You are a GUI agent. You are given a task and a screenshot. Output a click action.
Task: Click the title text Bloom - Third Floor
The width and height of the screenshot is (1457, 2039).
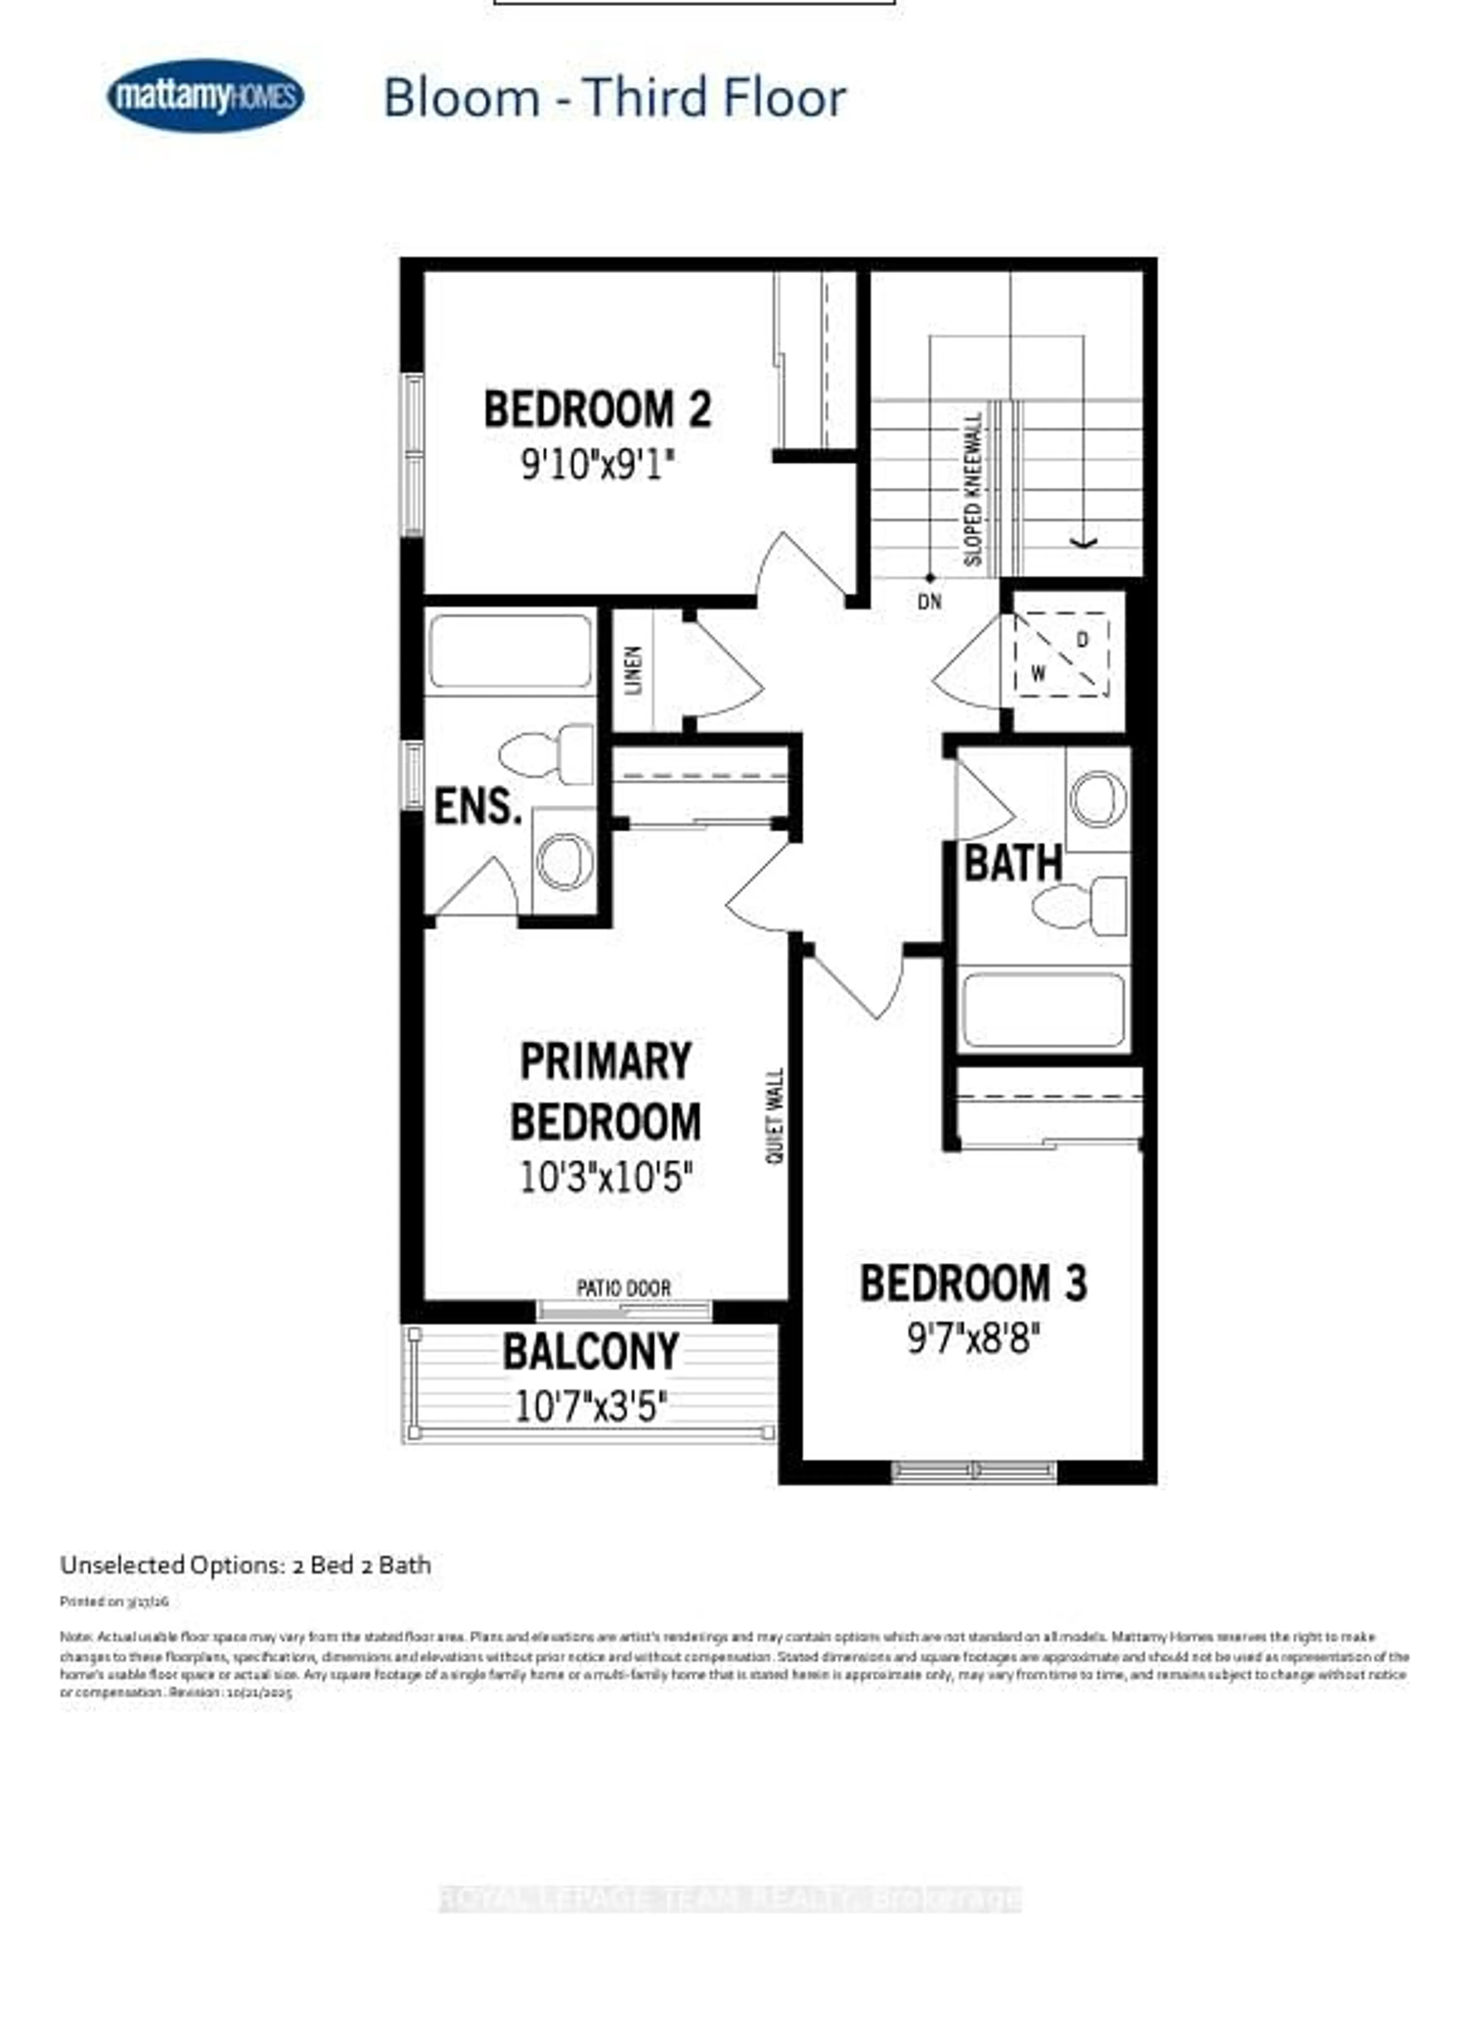[615, 98]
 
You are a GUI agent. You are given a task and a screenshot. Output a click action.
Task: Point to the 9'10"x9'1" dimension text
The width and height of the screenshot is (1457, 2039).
[598, 465]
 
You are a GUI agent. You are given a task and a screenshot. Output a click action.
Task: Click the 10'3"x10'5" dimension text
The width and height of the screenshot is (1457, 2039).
[606, 1177]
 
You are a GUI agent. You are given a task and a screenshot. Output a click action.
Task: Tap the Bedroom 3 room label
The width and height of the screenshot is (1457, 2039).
[974, 1283]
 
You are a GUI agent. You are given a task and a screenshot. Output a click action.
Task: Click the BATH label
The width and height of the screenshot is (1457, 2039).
[1012, 864]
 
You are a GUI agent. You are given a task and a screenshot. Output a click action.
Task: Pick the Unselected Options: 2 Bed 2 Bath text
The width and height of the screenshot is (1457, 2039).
[245, 1565]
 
